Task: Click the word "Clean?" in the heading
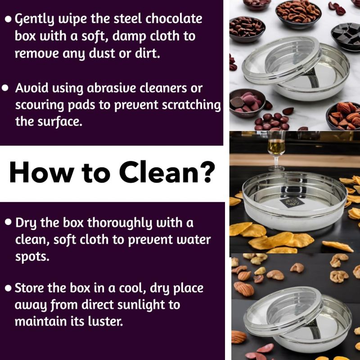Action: click(x=167, y=172)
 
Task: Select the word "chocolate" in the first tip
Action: click(x=174, y=18)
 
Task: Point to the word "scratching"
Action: click(x=191, y=106)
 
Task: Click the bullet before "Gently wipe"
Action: click(x=8, y=19)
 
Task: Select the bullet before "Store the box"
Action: click(x=8, y=288)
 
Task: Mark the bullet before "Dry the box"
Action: click(x=8, y=222)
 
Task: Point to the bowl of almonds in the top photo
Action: click(x=343, y=116)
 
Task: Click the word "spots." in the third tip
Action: click(x=32, y=257)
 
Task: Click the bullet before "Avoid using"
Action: click(x=5, y=88)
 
